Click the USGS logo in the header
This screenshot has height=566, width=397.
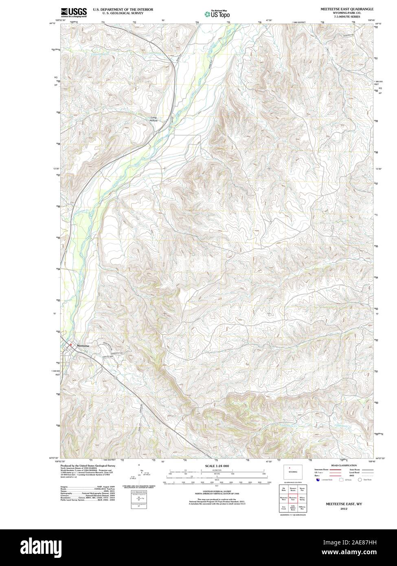(x=74, y=12)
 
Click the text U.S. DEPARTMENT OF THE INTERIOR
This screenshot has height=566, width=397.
(x=123, y=9)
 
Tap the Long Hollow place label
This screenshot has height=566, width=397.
(x=153, y=119)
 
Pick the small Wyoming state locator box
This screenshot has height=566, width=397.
(x=293, y=471)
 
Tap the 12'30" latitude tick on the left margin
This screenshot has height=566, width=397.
(x=56, y=169)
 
